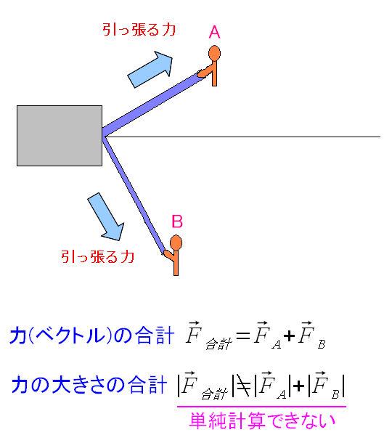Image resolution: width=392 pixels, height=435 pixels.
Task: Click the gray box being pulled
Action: click(x=60, y=136)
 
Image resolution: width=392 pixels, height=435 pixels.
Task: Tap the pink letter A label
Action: click(x=214, y=32)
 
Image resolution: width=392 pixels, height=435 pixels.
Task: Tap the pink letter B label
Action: click(x=177, y=221)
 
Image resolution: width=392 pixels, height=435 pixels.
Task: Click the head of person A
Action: click(x=214, y=53)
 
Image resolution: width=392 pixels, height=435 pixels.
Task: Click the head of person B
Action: click(x=176, y=243)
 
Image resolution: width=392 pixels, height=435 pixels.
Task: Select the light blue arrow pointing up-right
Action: click(x=150, y=70)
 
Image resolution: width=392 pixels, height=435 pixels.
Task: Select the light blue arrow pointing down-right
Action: click(x=106, y=216)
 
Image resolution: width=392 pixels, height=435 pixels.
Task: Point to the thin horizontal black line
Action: click(x=242, y=137)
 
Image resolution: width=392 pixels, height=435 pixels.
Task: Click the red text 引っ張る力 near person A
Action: click(x=139, y=30)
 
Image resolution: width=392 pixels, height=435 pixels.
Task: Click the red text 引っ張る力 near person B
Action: click(x=97, y=256)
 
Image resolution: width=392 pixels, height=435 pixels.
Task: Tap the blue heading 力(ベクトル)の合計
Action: click(x=92, y=335)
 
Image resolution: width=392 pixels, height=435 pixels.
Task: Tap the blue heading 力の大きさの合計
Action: click(x=89, y=384)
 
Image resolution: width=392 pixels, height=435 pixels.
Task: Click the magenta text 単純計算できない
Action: click(x=262, y=420)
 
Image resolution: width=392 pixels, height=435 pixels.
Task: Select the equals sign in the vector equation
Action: click(x=243, y=336)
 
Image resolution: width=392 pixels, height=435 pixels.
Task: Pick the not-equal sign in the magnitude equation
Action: click(x=243, y=386)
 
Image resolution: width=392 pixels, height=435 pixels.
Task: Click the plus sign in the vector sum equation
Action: click(x=289, y=336)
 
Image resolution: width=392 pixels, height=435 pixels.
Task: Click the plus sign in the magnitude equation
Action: click(x=298, y=386)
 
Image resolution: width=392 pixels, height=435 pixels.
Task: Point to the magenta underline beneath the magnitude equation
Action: click(x=262, y=407)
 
